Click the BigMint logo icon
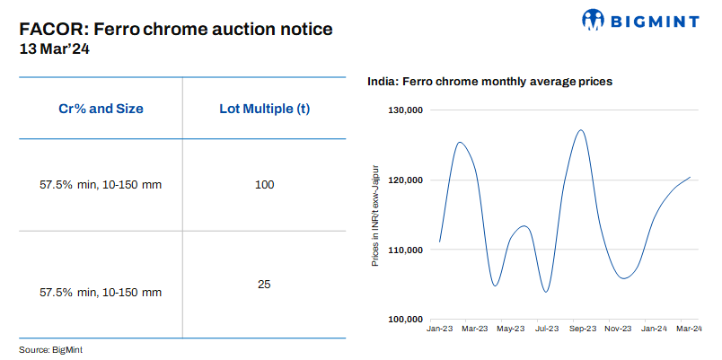[x=595, y=20]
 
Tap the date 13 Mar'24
[x=54, y=49]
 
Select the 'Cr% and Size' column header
[x=101, y=109]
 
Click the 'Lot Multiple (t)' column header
[x=264, y=109]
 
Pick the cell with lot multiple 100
[x=264, y=185]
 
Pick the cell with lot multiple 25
[x=264, y=284]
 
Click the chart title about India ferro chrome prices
[x=489, y=82]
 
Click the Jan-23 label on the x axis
[x=439, y=329]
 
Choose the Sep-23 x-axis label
[x=584, y=329]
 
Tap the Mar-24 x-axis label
[x=689, y=329]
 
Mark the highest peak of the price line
[x=581, y=130]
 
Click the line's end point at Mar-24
[x=690, y=177]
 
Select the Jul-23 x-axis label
[x=546, y=329]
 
